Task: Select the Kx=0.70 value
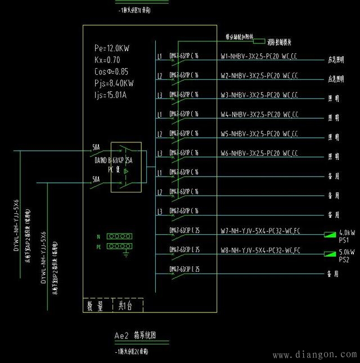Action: point(108,60)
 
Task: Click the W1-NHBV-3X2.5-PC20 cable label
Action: point(259,57)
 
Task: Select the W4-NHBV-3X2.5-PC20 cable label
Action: point(259,115)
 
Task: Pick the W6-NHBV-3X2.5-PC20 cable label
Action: point(259,153)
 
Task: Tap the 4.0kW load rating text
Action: point(346,232)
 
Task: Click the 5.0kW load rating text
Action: point(346,252)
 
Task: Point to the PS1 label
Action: point(344,240)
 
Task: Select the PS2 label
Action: point(344,260)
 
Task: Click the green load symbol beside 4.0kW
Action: point(328,234)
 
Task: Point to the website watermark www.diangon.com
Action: point(314,355)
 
